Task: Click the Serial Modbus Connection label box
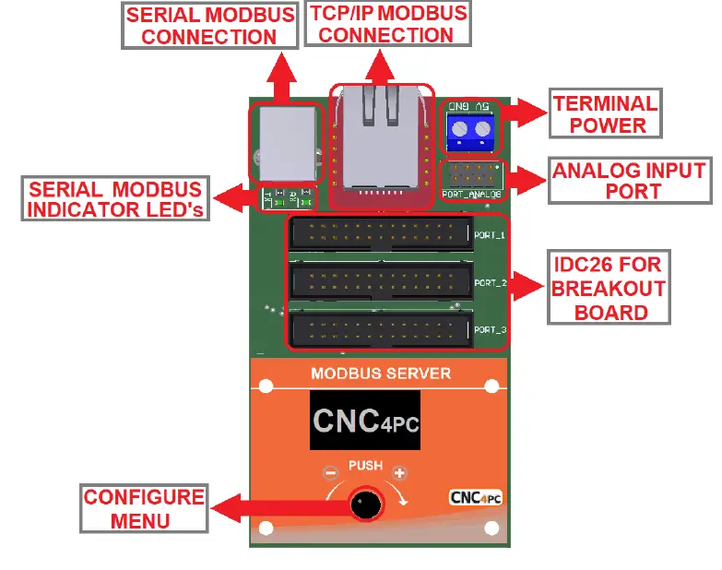click(209, 26)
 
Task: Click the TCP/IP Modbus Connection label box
click(386, 25)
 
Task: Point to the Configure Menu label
click(143, 509)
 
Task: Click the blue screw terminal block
click(470, 133)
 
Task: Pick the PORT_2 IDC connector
click(380, 282)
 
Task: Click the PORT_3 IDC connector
click(380, 329)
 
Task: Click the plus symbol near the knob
click(399, 473)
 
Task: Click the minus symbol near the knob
click(330, 473)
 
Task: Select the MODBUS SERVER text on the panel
click(381, 374)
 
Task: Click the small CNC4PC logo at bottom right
click(475, 497)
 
